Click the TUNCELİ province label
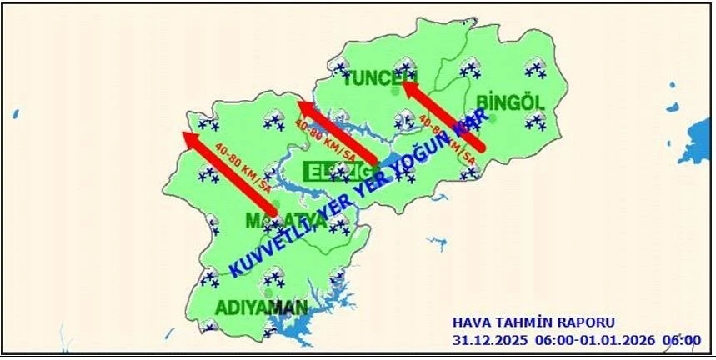[379, 79]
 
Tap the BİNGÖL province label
[510, 102]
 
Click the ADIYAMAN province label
[261, 307]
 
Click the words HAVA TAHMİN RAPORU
[533, 322]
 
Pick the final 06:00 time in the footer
[682, 340]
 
